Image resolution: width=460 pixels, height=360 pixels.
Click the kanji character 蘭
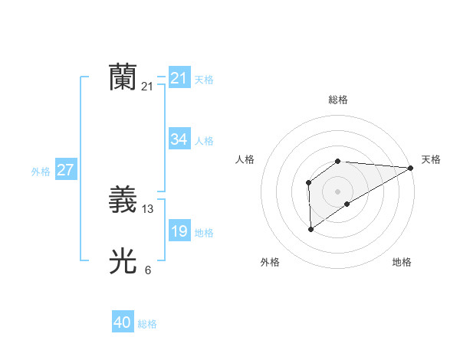(123, 77)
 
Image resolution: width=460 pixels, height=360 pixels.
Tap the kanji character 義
(123, 201)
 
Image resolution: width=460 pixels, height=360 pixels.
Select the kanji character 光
(123, 262)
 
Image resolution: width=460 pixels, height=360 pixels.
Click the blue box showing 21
(179, 78)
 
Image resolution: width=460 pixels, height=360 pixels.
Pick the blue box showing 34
(179, 139)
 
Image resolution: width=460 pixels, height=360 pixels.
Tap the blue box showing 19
(179, 231)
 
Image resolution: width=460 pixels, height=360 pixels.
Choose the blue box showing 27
(65, 170)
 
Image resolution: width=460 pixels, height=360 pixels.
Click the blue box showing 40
(122, 322)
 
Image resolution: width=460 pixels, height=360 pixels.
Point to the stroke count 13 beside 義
(148, 209)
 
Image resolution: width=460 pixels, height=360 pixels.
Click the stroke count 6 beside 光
(148, 270)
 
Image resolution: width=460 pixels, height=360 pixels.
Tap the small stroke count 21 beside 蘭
(147, 87)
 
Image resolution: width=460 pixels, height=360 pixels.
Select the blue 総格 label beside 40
(147, 324)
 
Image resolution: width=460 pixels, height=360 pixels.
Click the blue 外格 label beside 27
(41, 172)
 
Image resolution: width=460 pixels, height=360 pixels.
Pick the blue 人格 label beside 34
(204, 141)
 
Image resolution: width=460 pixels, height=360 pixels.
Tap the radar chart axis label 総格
(337, 100)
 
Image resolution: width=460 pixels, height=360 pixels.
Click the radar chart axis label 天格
(431, 159)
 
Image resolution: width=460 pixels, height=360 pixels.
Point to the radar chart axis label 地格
(402, 262)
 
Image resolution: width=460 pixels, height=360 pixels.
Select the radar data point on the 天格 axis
(411, 168)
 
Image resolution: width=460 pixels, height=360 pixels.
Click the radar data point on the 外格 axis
(310, 228)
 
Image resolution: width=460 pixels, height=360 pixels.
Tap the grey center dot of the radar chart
(337, 191)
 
